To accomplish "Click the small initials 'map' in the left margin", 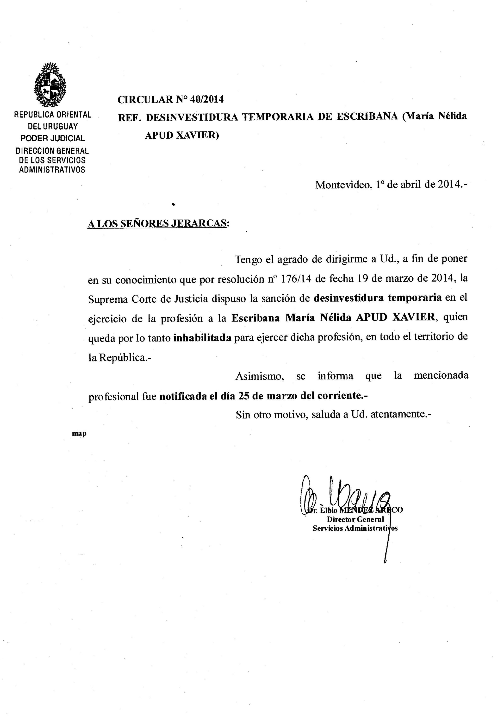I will (x=79, y=434).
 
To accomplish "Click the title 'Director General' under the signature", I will (x=355, y=519).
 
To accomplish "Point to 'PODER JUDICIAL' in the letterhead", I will (x=52, y=138).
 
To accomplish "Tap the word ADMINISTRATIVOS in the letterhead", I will (x=52, y=170).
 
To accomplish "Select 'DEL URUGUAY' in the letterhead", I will (x=53, y=127).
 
